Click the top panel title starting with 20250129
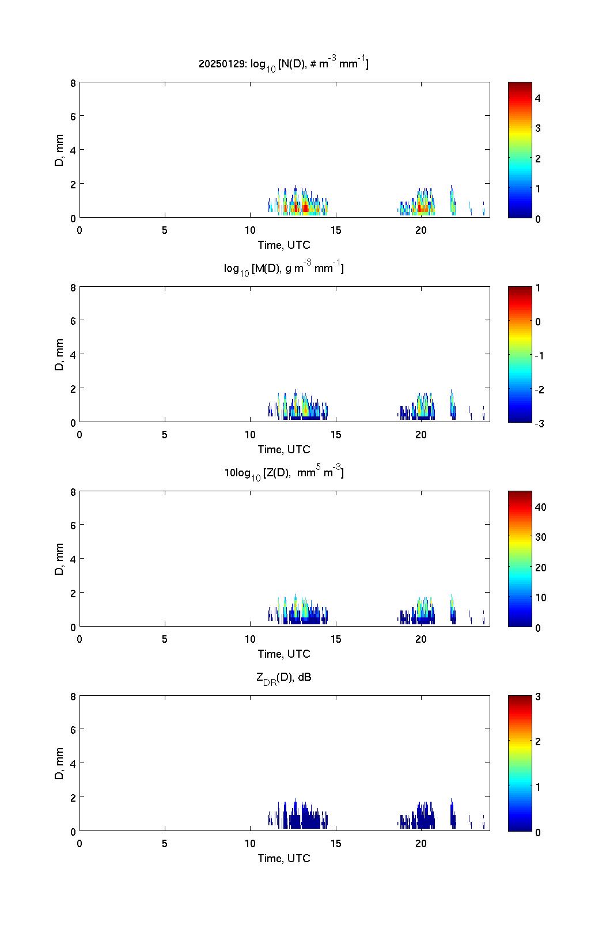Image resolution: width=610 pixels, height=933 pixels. (x=283, y=64)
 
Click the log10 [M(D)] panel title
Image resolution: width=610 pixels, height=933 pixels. (x=283, y=268)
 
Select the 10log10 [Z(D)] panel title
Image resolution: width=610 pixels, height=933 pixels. (x=283, y=473)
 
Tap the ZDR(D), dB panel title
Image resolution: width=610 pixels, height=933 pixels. (x=283, y=678)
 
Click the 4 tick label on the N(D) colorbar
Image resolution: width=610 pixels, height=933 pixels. (x=538, y=98)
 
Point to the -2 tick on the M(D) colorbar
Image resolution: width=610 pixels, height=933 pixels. (x=539, y=390)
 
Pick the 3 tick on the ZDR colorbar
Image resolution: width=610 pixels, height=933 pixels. (x=538, y=696)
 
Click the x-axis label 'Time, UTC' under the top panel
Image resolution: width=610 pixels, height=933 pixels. (x=283, y=245)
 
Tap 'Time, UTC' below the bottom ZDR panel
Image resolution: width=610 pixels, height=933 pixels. (x=283, y=858)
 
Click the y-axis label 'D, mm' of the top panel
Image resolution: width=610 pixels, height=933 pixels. (x=59, y=150)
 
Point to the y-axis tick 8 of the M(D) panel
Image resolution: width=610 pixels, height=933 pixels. (x=73, y=287)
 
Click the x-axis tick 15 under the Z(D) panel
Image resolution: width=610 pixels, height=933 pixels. (x=336, y=639)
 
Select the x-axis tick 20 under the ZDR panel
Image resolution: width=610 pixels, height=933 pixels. (x=421, y=844)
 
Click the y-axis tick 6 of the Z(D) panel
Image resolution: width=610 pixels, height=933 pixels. (x=73, y=525)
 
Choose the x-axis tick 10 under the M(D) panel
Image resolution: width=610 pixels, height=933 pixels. (x=251, y=435)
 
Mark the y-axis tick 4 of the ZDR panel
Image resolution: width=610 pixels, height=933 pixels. (x=73, y=764)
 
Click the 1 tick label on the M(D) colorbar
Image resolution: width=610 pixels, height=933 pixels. (x=538, y=287)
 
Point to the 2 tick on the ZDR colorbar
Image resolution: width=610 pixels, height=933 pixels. (x=538, y=741)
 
